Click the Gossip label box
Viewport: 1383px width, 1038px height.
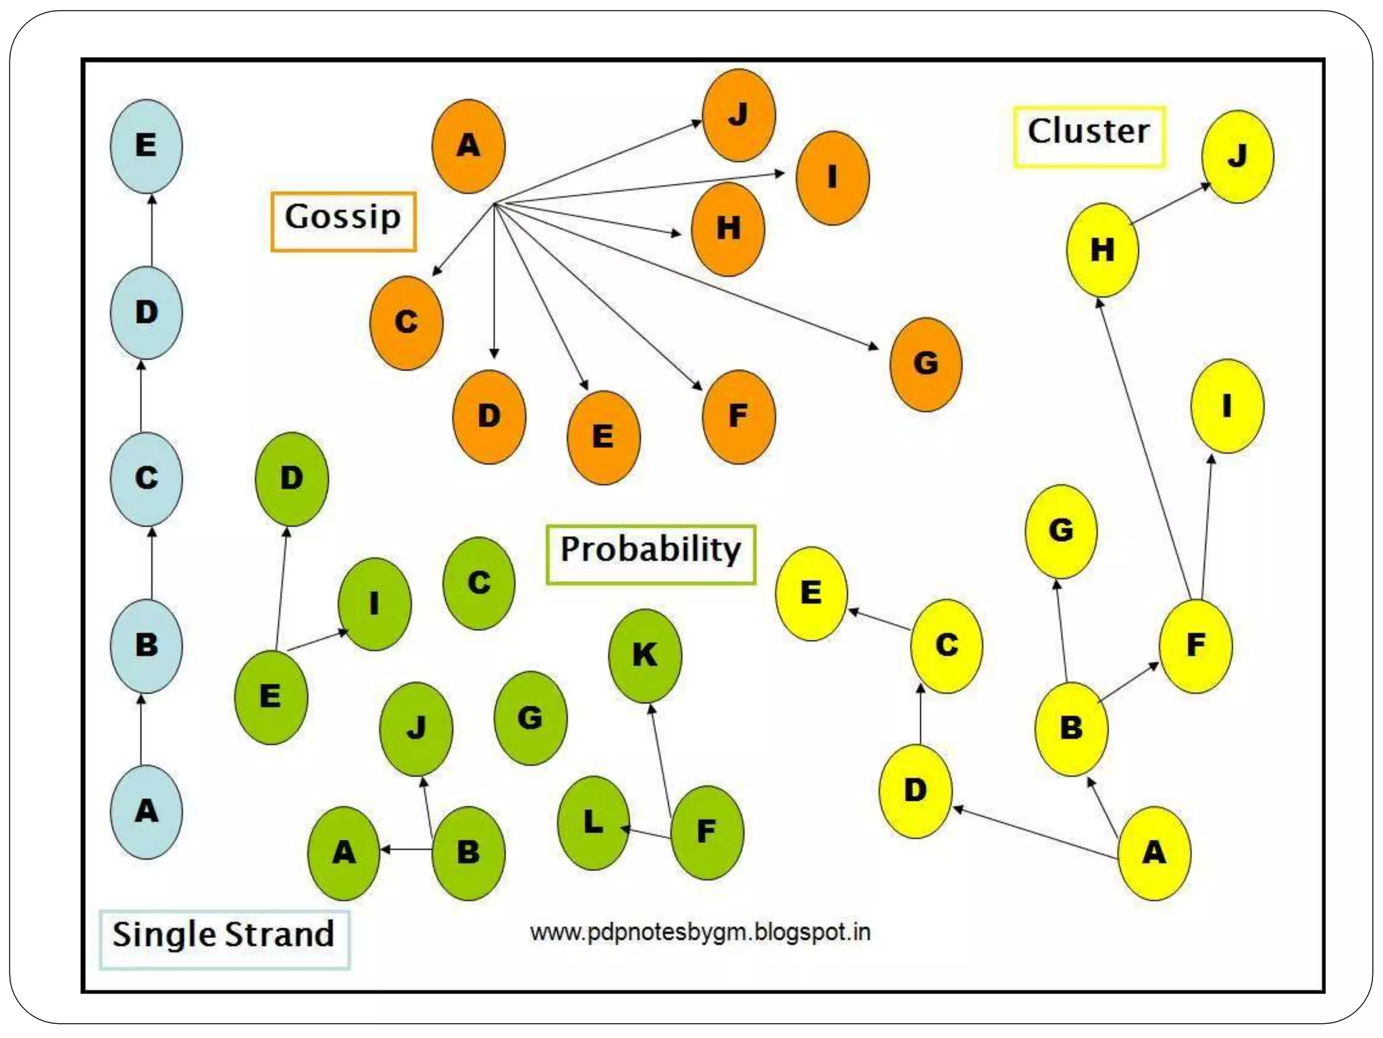tap(343, 222)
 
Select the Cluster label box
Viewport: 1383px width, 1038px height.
tap(1089, 136)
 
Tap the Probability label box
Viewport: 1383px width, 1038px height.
tap(650, 554)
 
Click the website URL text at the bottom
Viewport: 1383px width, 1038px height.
tap(700, 933)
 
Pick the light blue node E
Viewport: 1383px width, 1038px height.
tap(147, 146)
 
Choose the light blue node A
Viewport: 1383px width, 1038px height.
tap(147, 812)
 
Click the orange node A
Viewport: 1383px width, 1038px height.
tap(468, 146)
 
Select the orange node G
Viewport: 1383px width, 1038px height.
tap(926, 364)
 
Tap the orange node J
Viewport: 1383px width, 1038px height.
tap(739, 115)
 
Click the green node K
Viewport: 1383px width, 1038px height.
tap(645, 656)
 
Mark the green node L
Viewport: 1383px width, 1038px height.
tap(594, 822)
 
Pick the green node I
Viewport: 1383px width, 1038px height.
tap(374, 603)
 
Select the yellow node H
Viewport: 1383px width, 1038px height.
tap(1102, 250)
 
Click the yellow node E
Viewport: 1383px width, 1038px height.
tap(811, 593)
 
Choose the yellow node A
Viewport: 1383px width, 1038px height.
tap(1154, 853)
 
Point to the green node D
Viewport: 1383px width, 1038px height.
tap(292, 479)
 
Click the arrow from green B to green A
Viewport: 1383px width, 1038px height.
tap(407, 849)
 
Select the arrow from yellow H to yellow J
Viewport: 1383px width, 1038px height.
tap(1170, 203)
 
